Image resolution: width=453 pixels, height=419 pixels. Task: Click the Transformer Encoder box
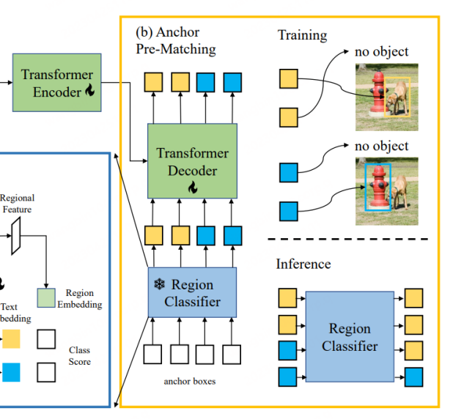click(x=56, y=82)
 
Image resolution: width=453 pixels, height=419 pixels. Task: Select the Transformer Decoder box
click(x=192, y=160)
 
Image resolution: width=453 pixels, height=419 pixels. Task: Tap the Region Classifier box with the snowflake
click(x=192, y=292)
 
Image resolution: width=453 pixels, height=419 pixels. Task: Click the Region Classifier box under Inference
click(x=349, y=336)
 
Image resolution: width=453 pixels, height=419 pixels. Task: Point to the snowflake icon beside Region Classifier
click(x=159, y=284)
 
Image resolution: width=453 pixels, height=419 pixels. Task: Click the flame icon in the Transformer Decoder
click(x=193, y=188)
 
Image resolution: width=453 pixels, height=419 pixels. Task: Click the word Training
click(x=302, y=35)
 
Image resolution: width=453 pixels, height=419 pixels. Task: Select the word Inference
click(x=303, y=264)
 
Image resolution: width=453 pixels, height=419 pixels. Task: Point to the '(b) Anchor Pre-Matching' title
click(x=177, y=41)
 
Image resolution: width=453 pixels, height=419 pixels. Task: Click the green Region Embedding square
click(x=46, y=297)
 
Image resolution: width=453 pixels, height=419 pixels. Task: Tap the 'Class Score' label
click(x=79, y=356)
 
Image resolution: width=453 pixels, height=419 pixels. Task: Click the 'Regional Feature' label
click(x=17, y=204)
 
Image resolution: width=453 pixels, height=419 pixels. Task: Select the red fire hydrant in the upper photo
click(x=377, y=93)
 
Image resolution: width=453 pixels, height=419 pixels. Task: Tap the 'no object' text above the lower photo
click(x=381, y=146)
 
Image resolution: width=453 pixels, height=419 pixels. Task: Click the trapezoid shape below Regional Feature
click(x=16, y=232)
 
